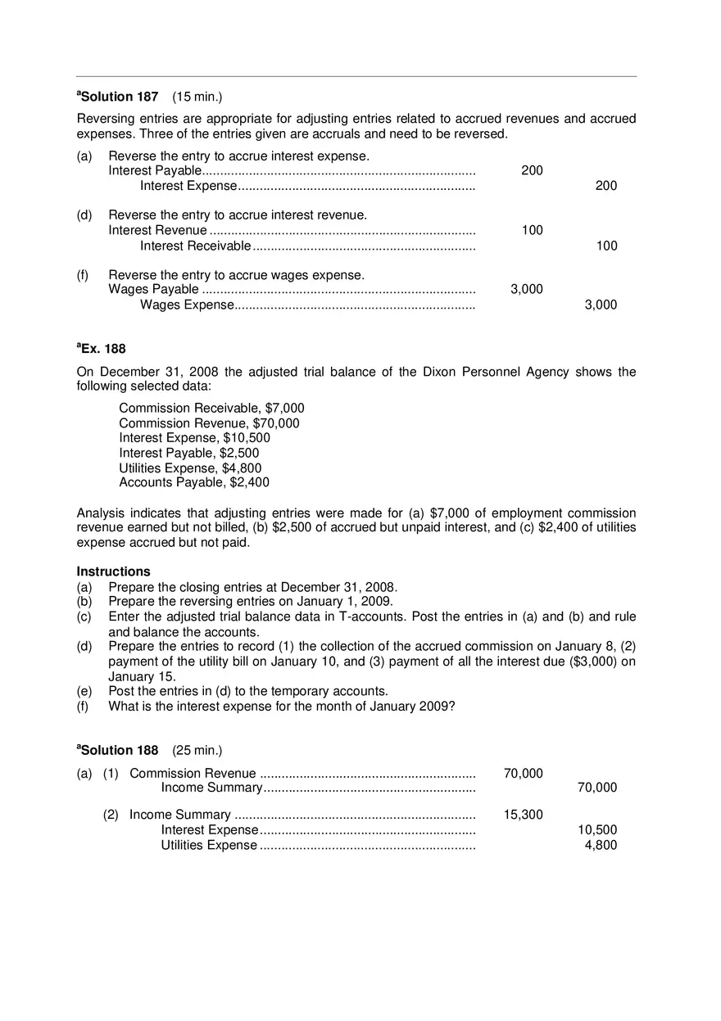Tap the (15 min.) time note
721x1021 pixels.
coord(197,97)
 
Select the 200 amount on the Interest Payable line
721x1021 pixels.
coord(532,170)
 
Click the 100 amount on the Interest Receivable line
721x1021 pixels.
coord(606,246)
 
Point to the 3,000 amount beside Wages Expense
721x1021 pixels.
coord(601,305)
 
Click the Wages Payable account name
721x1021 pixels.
coord(153,289)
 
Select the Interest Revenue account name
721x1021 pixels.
coord(157,230)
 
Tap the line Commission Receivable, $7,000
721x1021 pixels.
coord(211,408)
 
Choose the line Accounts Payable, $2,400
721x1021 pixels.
coord(194,482)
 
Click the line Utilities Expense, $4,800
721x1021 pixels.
coord(190,468)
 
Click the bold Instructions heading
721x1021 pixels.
coord(114,571)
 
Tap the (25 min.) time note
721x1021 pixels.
coord(197,750)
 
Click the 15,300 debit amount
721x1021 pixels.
coord(523,814)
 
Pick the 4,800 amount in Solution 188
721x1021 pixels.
coord(601,845)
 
